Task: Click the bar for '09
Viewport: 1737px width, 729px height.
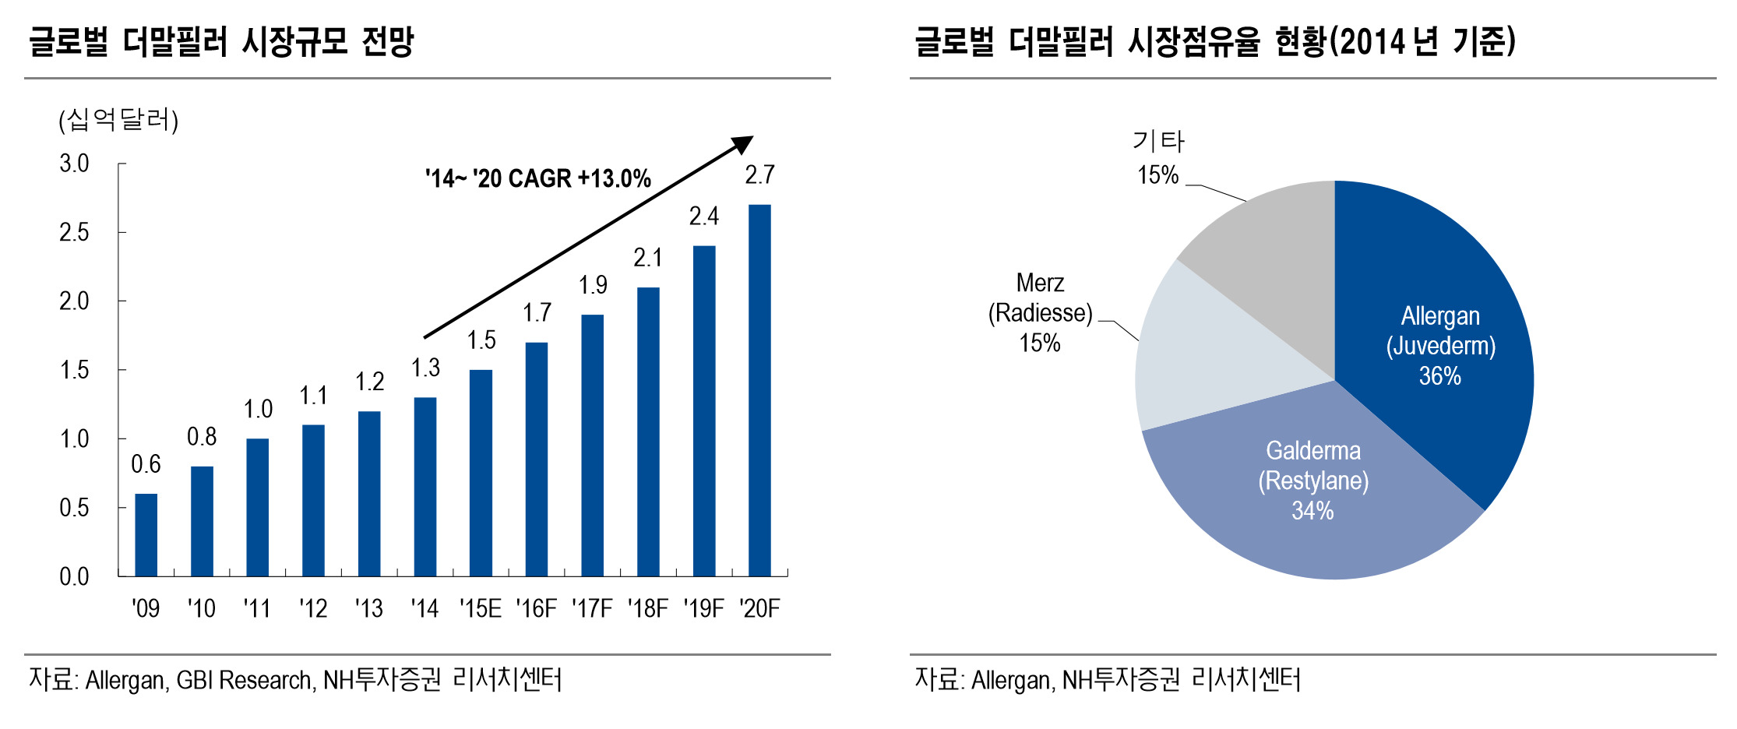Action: coord(146,535)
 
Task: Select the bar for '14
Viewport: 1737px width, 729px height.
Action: coord(425,487)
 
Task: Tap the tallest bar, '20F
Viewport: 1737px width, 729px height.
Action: coord(759,390)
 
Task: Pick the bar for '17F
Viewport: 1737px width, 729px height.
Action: coord(593,445)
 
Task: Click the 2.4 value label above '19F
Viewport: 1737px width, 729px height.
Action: coord(704,217)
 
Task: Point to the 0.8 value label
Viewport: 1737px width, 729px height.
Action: coord(202,437)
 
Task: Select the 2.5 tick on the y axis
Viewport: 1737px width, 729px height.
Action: coord(74,232)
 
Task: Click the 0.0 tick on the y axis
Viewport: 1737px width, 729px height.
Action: coord(74,576)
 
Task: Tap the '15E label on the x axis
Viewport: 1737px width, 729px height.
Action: coord(481,608)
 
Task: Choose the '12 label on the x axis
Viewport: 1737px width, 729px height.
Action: coord(313,608)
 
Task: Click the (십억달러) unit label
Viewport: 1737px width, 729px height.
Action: coord(118,120)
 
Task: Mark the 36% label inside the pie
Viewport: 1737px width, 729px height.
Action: coord(1440,376)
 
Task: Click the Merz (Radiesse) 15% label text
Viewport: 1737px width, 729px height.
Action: coord(1041,312)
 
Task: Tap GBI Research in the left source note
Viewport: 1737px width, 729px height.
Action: coord(244,680)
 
